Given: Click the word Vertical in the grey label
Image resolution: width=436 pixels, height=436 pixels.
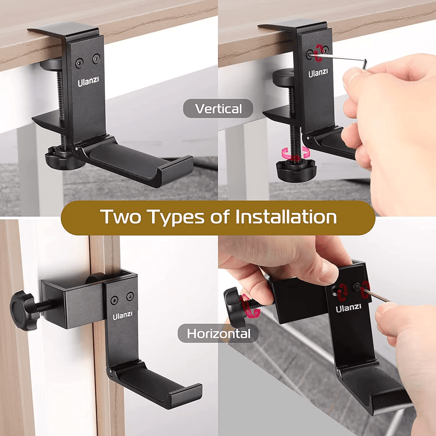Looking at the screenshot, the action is click(218, 109).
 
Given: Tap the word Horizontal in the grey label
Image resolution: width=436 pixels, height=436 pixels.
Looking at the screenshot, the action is click(218, 334).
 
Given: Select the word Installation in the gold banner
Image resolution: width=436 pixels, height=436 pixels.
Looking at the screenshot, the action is click(286, 217).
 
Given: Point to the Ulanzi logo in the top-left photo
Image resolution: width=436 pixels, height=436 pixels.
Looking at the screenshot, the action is click(88, 82).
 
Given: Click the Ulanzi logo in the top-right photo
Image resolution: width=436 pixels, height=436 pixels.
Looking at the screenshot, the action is click(318, 73).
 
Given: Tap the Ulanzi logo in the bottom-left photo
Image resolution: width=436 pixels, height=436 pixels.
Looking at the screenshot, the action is click(122, 316).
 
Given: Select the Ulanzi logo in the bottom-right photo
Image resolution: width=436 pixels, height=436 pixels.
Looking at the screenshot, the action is click(348, 308).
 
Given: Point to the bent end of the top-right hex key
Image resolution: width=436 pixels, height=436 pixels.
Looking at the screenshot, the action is click(365, 63).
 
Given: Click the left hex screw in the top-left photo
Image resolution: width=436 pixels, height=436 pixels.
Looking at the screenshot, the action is click(80, 64).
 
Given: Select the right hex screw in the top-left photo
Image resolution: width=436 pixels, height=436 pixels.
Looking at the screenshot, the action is click(96, 58).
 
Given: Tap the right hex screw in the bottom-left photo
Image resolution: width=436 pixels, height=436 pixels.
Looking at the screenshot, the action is click(130, 296).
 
